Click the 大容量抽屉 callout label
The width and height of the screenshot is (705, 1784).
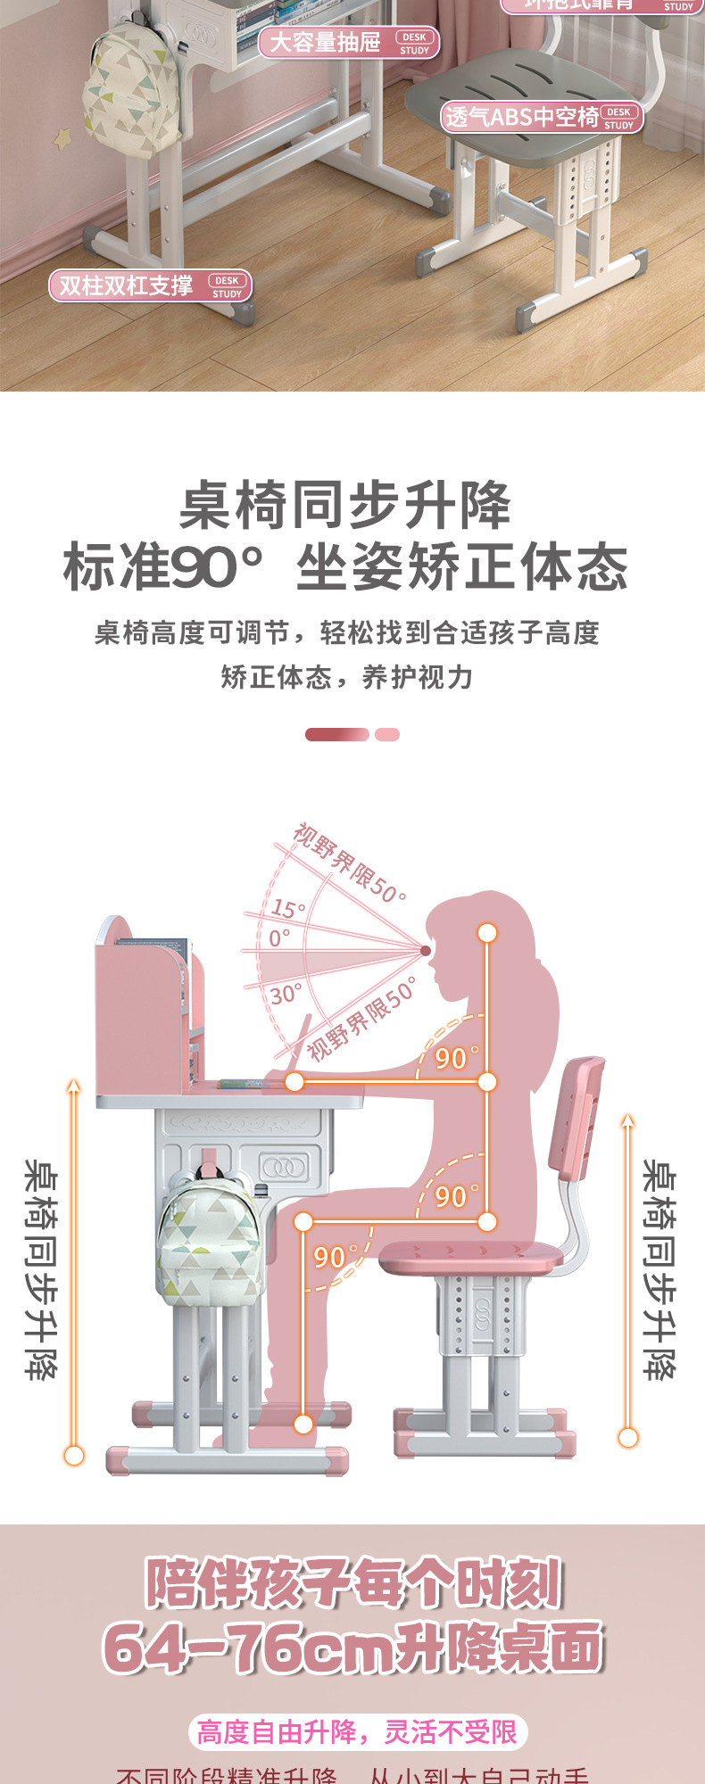point(348,42)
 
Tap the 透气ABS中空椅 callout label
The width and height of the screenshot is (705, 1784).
point(541,118)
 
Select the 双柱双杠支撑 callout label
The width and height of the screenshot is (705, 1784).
point(150,285)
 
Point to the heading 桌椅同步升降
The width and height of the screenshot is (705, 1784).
point(345,506)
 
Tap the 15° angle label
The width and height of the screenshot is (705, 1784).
point(287,909)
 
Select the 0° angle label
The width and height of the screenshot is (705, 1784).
point(279,937)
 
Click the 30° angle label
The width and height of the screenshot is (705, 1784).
point(286,994)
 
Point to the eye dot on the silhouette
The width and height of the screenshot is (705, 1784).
point(427,950)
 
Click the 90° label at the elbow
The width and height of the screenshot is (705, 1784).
point(452,1058)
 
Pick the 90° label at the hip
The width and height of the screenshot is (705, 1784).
point(452,1196)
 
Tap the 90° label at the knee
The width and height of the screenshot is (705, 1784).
point(330,1257)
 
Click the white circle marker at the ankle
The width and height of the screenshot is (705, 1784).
point(303,1425)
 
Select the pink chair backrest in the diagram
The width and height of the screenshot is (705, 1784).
point(576,1115)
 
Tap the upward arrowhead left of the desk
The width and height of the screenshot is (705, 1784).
point(74,1086)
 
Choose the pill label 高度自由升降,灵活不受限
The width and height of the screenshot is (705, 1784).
point(357,1732)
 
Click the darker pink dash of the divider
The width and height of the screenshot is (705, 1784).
point(336,734)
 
